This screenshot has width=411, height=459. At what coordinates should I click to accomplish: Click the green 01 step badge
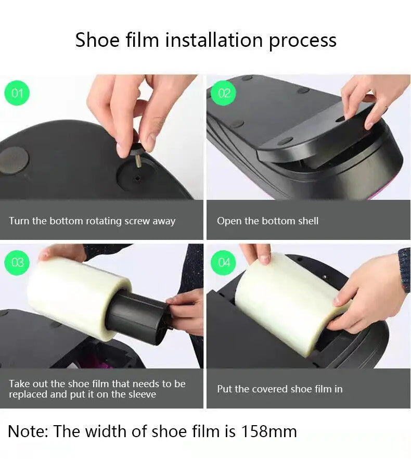(17, 94)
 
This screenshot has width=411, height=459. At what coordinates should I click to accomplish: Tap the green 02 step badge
(224, 94)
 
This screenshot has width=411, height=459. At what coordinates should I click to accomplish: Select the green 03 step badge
(18, 262)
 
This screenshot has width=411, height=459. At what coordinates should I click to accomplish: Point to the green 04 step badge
(224, 262)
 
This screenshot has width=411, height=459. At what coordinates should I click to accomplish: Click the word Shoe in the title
(98, 40)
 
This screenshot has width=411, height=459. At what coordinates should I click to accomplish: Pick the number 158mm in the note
(269, 431)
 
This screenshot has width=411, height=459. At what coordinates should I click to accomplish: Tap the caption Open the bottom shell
(267, 221)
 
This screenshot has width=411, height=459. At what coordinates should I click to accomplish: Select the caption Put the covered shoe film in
(279, 389)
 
